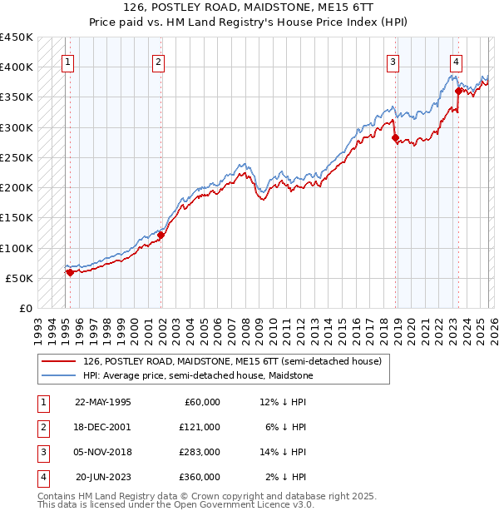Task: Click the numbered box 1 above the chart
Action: click(x=67, y=61)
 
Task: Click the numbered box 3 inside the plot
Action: click(x=393, y=61)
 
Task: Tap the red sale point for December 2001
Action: click(x=161, y=236)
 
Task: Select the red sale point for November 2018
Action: click(x=396, y=138)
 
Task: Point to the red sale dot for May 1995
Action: click(x=70, y=272)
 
